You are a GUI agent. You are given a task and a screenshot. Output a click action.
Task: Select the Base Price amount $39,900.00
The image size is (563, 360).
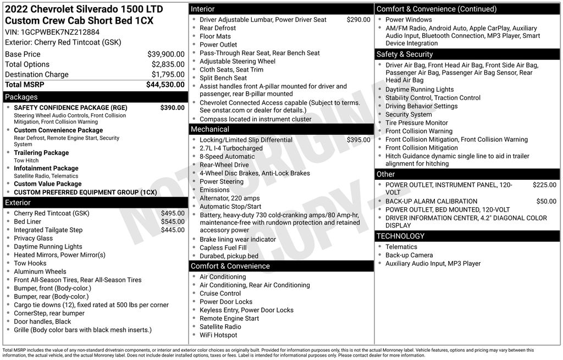pyautogui.click(x=165, y=54)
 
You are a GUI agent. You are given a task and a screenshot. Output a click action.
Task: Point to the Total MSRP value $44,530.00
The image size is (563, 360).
pyautogui.click(x=165, y=85)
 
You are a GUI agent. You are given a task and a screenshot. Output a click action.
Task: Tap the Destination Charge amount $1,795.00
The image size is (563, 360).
pyautogui.click(x=168, y=74)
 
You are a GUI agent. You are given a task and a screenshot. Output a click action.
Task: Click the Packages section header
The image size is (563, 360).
pyautogui.click(x=21, y=97)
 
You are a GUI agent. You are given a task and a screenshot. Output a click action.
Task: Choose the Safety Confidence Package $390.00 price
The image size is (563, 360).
pyautogui.click(x=172, y=108)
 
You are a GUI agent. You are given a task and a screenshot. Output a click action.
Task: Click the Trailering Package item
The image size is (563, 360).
pyautogui.click(x=41, y=153)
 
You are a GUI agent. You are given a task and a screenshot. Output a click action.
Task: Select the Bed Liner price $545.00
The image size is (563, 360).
pyautogui.click(x=173, y=221)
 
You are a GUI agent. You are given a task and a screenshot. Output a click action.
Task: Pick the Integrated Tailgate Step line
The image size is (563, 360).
pyautogui.click(x=48, y=230)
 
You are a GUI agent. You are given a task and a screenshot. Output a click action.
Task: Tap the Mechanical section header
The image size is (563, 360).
pyautogui.click(x=210, y=129)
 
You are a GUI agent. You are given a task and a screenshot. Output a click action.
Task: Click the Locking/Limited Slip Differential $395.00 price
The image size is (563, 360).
pyautogui.click(x=358, y=140)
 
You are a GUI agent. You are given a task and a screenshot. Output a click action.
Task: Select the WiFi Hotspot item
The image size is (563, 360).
pyautogui.click(x=218, y=335)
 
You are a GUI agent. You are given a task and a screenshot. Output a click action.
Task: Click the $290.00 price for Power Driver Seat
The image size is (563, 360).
pyautogui.click(x=358, y=20)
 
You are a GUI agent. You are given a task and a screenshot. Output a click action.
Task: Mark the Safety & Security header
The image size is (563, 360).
pyautogui.click(x=405, y=54)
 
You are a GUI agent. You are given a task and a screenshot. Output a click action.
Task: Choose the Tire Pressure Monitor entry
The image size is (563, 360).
pyautogui.click(x=416, y=123)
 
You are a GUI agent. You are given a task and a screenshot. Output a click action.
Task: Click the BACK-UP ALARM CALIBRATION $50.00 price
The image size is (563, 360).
pyautogui.click(x=546, y=201)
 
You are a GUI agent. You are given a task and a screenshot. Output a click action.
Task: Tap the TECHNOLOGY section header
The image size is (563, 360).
pyautogui.click(x=400, y=236)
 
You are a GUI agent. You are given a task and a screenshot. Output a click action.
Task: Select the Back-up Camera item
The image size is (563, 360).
pyautogui.click(x=409, y=255)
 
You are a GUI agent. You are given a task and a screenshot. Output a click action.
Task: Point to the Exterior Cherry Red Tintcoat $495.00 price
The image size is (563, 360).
pyautogui.click(x=173, y=213)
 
